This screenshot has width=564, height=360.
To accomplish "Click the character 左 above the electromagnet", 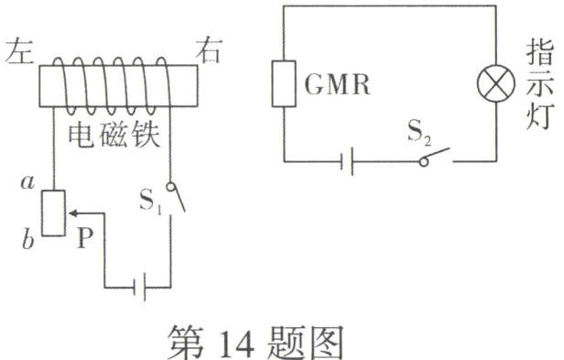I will (x=19, y=50).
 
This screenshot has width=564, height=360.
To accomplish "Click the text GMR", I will (x=331, y=86).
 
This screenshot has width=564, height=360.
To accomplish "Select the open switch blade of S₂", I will (x=437, y=155).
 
